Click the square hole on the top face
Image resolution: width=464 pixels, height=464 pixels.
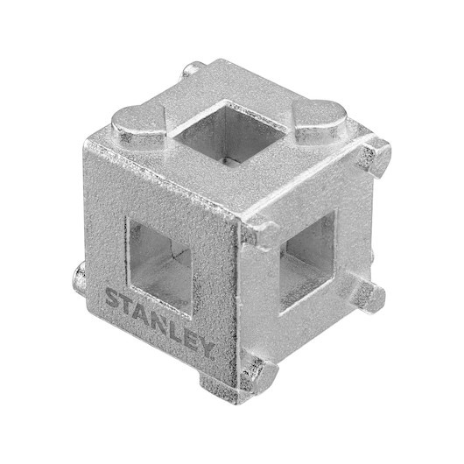click(x=229, y=131)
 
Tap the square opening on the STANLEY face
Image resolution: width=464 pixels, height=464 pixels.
click(x=160, y=266)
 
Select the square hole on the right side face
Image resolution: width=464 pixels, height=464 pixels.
click(x=308, y=260)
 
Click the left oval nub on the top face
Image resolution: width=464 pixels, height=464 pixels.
click(x=138, y=125)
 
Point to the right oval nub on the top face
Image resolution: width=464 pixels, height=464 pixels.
click(x=320, y=121)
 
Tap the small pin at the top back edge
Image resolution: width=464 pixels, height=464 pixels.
click(x=193, y=69)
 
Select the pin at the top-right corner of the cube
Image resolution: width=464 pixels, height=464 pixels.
click(x=376, y=157)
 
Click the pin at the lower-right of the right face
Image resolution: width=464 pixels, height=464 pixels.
click(x=368, y=297)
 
